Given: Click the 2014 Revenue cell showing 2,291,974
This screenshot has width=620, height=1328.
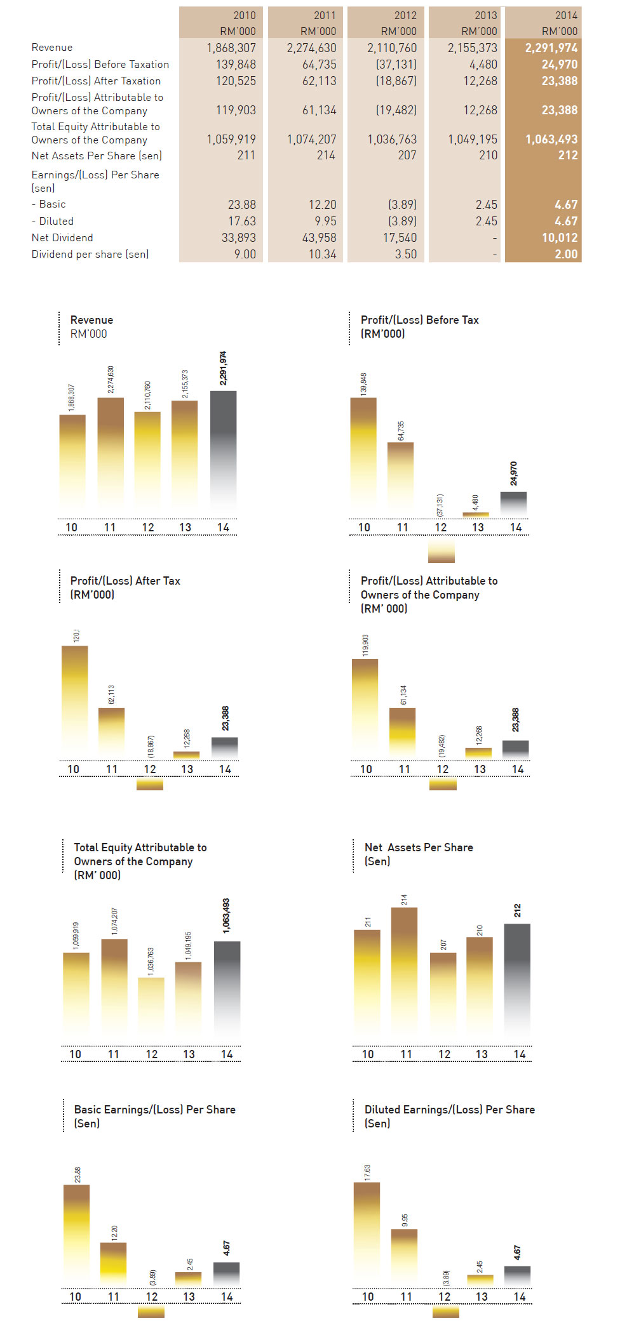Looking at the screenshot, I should (551, 48).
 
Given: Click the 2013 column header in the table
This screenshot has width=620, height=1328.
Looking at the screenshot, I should (485, 15).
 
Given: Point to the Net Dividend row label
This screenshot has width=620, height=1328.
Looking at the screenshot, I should (62, 237).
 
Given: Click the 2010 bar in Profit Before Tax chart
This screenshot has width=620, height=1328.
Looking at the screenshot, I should (363, 457).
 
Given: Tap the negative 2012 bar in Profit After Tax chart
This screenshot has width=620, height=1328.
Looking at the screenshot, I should (150, 784).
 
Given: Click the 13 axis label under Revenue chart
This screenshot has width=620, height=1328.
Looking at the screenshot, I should (185, 527).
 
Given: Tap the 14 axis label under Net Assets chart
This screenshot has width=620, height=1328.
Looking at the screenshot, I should (520, 1054).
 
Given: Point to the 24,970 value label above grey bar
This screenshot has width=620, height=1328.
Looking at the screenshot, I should (513, 474).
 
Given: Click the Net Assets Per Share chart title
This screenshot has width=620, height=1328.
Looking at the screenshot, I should (419, 847).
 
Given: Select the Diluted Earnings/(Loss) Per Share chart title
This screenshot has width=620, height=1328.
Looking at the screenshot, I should (449, 1110).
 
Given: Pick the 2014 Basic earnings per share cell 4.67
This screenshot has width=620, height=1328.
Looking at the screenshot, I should (565, 204).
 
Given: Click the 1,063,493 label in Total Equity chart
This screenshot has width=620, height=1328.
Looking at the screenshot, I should (226, 915).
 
